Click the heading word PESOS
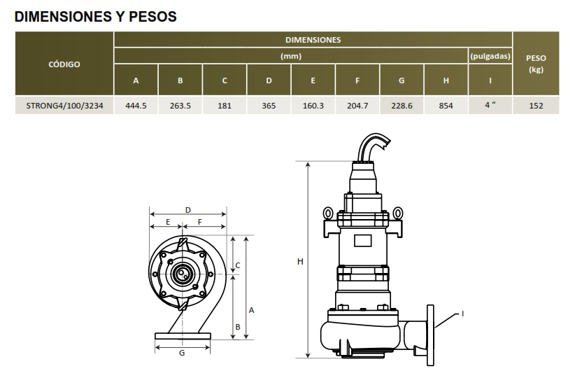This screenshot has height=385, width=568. coord(152,17)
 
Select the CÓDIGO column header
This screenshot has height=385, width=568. coord(64,64)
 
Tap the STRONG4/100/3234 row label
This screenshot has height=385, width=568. coord(64,106)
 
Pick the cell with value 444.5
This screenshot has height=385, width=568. coord(136,106)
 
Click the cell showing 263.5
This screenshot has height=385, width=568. coord(180,106)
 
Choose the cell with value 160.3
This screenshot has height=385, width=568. coord(313,106)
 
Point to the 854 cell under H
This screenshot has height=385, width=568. coord(446,106)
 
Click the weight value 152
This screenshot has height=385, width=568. coord(536,106)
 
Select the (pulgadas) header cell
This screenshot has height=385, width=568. coord(490,56)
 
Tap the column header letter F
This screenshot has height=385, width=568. coord(357,80)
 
